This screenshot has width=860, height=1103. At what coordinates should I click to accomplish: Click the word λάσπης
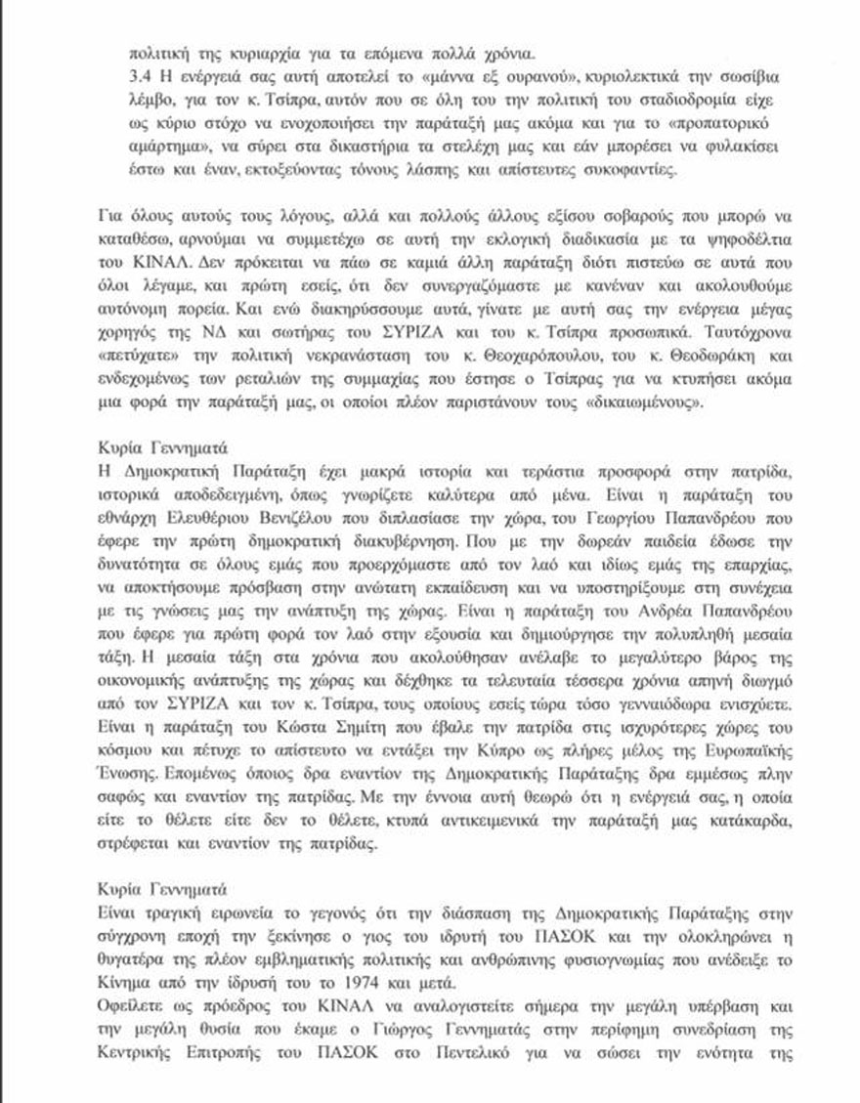[x=491, y=174]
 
